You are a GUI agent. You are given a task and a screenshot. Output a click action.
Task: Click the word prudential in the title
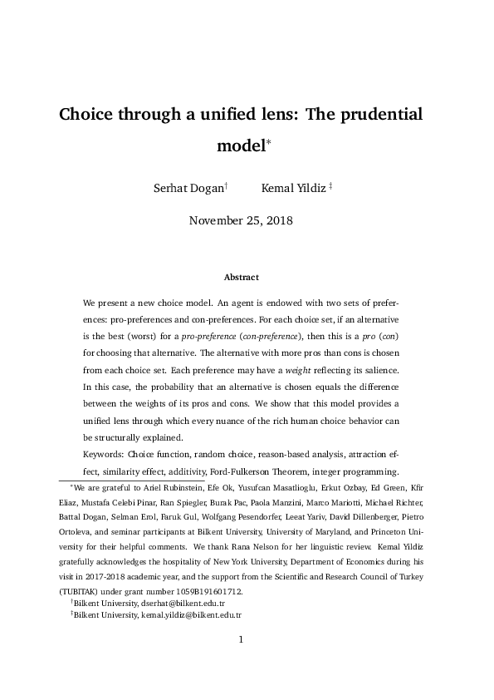(379, 114)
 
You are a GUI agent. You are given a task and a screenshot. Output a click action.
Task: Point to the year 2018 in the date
(276, 220)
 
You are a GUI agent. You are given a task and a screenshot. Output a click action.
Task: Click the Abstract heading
(242, 277)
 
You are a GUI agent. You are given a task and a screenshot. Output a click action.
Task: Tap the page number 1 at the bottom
(240, 663)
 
